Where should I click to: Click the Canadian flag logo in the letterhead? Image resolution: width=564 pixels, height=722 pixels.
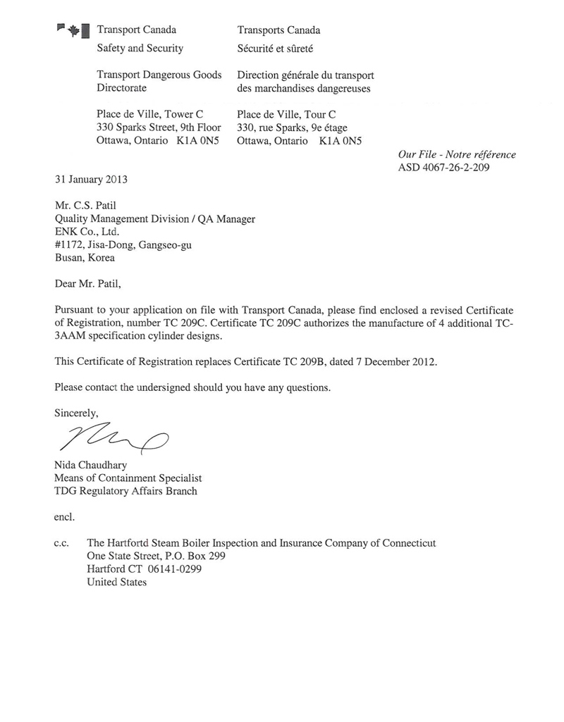click(73, 30)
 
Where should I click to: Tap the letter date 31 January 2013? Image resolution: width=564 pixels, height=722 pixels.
click(91, 179)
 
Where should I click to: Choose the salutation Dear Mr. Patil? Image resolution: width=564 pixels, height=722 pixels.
click(88, 284)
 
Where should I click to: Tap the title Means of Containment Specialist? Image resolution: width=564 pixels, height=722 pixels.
click(128, 478)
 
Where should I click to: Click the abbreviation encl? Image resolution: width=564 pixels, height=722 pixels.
click(65, 517)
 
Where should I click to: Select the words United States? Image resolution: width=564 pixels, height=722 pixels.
click(116, 583)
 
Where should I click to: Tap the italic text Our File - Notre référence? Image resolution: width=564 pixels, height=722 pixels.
click(457, 154)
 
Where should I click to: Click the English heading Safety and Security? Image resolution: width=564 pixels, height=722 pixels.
click(140, 49)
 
